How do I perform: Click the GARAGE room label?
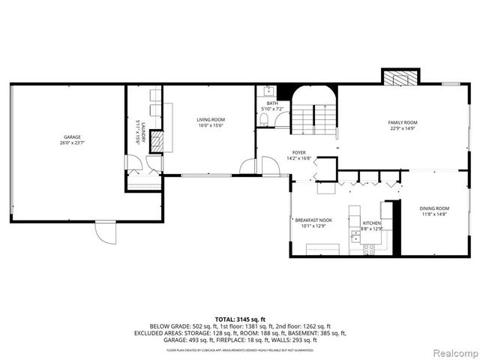point(72,137)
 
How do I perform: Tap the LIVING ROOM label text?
point(211,119)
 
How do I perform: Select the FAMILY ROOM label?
point(402,122)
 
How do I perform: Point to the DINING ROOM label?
point(434,208)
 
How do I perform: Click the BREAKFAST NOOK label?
point(313,220)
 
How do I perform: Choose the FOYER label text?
point(298,152)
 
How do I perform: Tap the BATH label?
point(271,103)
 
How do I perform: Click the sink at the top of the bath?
point(268,91)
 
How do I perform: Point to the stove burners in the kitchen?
point(368,248)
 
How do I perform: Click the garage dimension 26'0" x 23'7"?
point(72,143)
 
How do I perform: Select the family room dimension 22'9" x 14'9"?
point(402,128)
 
